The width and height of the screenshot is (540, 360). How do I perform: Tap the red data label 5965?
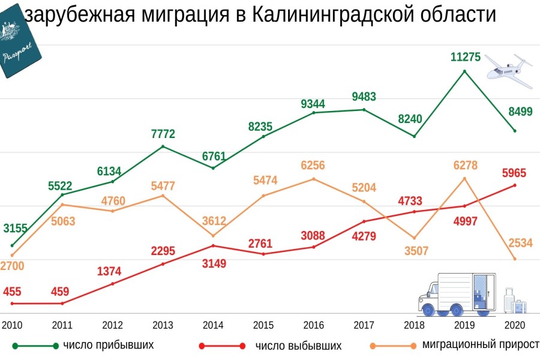(x=514, y=173)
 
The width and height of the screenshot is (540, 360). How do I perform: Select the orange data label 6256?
(x=314, y=165)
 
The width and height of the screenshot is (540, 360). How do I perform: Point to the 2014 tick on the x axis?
(x=213, y=325)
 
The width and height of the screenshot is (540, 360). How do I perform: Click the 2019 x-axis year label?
(x=464, y=325)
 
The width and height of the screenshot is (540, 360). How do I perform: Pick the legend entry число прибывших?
(x=109, y=345)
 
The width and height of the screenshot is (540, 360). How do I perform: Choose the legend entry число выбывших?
(x=298, y=346)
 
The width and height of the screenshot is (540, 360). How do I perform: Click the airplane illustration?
(x=508, y=67)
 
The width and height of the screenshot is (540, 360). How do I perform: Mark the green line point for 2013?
(x=163, y=146)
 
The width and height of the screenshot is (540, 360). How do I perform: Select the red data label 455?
(x=12, y=292)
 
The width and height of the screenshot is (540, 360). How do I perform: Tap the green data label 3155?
(x=15, y=228)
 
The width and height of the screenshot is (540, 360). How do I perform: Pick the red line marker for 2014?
(x=213, y=245)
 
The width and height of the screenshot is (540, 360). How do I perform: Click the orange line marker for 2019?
(x=464, y=178)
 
